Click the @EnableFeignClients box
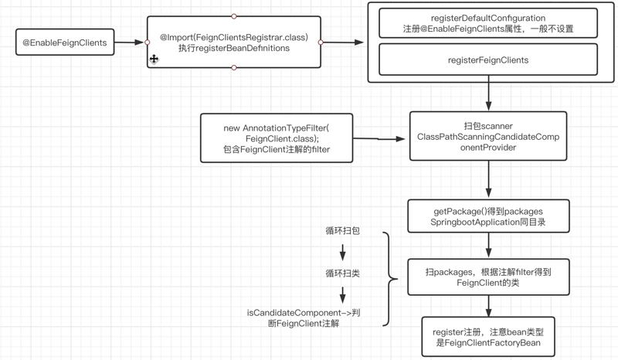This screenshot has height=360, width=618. click(x=64, y=42)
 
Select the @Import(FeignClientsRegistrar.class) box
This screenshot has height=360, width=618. click(x=234, y=42)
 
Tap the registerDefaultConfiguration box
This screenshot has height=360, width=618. click(x=487, y=23)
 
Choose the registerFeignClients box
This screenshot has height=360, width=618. click(x=487, y=59)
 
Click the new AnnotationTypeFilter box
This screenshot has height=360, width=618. click(x=277, y=138)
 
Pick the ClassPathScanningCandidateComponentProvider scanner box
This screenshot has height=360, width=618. click(x=487, y=137)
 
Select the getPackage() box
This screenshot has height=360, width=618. click(x=487, y=216)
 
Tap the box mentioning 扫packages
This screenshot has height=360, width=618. click(x=487, y=277)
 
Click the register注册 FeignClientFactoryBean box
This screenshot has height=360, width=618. click(x=487, y=337)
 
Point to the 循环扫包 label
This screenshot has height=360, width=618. click(x=341, y=231)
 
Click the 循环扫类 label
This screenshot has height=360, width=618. click(x=341, y=273)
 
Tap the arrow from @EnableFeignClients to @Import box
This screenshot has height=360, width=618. click(x=130, y=42)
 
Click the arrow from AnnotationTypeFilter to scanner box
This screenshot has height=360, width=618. click(x=380, y=139)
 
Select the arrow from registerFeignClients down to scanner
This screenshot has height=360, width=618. click(x=488, y=97)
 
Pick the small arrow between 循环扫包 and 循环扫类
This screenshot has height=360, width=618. click(x=341, y=252)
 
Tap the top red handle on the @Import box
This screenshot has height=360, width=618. click(x=234, y=16)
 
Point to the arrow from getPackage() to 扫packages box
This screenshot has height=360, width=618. click(x=488, y=245)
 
